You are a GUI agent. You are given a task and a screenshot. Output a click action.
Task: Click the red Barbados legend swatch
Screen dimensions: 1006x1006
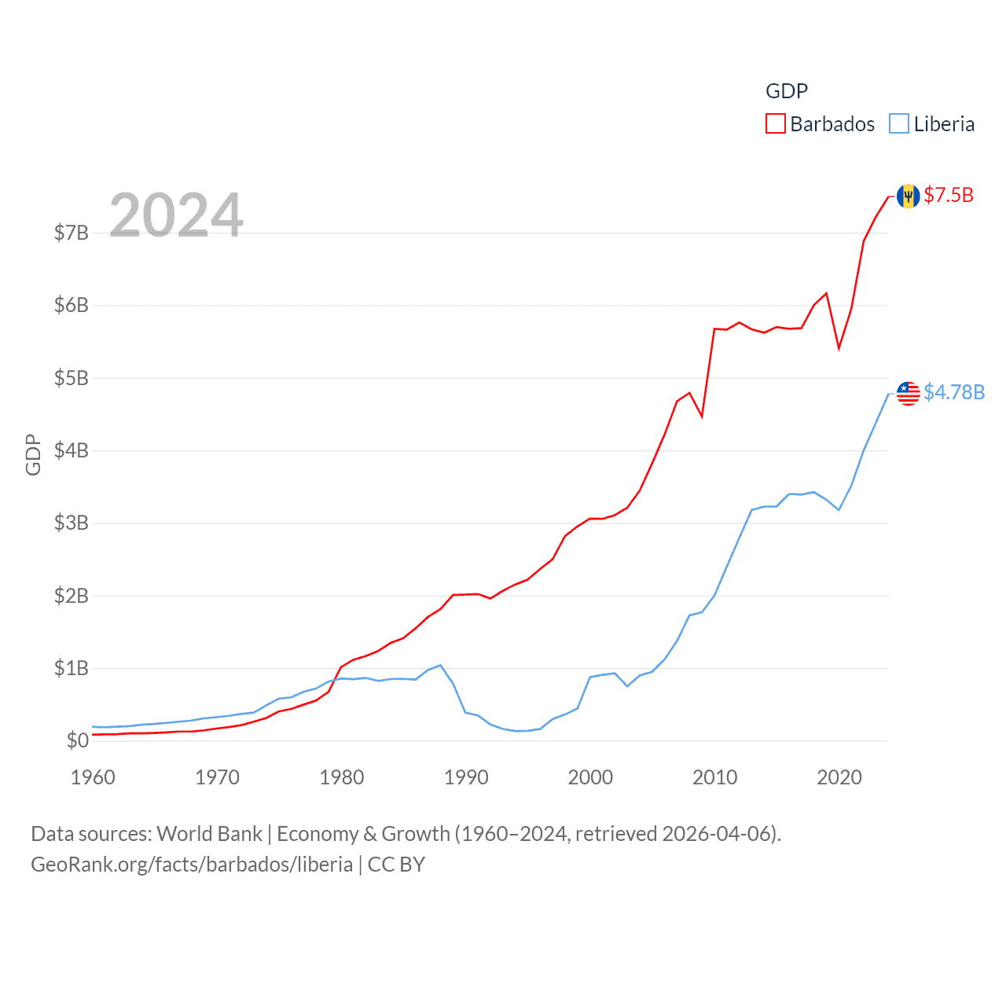pos(776,124)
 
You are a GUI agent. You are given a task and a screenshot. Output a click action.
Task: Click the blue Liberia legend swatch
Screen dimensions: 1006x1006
pos(899,124)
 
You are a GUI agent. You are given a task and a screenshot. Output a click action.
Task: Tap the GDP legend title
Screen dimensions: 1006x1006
pos(787,91)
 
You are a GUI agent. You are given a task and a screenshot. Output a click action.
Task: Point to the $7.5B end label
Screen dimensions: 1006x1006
pos(949,195)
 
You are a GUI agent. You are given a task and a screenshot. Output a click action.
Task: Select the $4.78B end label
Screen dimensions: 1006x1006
pos(954,392)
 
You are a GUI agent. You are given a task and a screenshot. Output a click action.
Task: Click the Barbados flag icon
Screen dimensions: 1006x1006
pos(909,196)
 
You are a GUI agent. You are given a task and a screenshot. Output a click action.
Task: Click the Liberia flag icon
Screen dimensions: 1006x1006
pos(909,393)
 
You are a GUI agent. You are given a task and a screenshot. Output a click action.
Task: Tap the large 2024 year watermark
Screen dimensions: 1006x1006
pos(176,215)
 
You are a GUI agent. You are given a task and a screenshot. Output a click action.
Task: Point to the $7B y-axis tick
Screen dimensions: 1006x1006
pos(71,233)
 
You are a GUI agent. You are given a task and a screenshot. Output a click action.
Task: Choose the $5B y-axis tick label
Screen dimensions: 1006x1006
pos(71,378)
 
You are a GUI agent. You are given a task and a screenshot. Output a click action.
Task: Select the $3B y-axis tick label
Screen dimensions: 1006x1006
pos(71,523)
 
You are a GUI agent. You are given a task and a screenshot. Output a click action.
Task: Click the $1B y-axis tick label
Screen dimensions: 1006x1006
pos(71,668)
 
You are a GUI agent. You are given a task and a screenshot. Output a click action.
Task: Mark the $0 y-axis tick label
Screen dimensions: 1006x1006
pos(77,740)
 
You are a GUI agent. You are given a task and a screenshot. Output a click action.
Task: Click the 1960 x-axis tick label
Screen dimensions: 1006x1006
pos(93,777)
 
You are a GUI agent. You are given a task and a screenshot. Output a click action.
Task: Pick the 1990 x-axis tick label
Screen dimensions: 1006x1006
pos(466,777)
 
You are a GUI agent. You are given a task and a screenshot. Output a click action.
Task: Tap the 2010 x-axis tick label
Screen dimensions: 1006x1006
pos(714,777)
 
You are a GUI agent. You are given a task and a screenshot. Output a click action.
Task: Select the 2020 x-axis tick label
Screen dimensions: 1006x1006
pos(839,777)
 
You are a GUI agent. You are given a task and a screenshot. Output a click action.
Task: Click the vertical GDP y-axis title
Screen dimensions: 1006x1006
pos(33,454)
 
